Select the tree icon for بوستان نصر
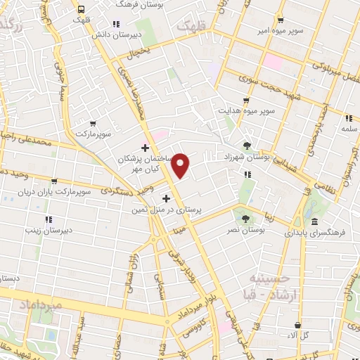[245, 219]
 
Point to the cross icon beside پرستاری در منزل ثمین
[166, 199]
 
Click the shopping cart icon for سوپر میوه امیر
[281, 20]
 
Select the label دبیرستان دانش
[139, 34]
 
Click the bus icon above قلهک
[82, 10]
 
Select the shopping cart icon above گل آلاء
[298, 325]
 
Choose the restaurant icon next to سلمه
[348, 118]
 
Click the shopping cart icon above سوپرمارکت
[93, 124]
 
